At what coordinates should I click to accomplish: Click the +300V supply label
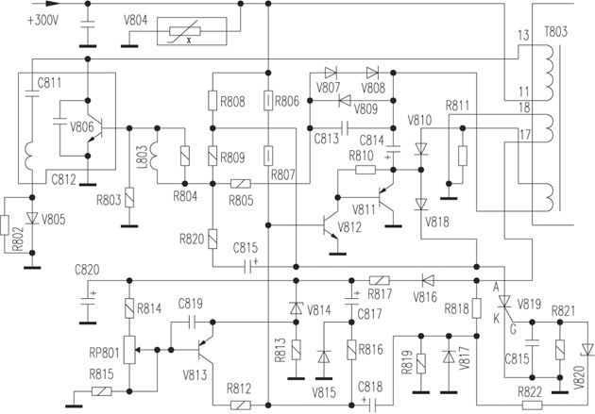(42, 19)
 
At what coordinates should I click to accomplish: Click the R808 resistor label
(232, 101)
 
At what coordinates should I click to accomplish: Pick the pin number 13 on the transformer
(525, 35)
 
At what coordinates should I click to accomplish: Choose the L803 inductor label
(141, 156)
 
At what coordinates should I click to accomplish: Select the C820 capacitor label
(86, 270)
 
